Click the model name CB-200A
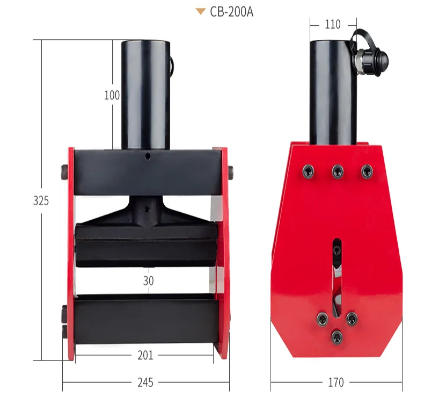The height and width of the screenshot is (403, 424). tap(231, 12)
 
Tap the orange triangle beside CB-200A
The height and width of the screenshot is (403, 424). tap(200, 11)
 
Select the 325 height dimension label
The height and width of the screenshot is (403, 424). tap(41, 201)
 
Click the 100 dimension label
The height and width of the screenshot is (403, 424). tap(112, 95)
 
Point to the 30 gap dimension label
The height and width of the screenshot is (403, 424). tap(149, 281)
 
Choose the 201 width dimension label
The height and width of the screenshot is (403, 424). tap(145, 355)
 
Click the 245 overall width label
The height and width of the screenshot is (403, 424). tap(145, 383)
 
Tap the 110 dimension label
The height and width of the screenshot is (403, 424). tap(333, 25)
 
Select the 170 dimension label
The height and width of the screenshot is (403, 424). tap(336, 383)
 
